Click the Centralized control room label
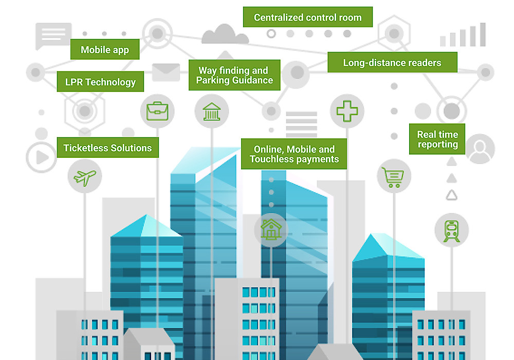click(x=307, y=17)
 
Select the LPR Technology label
click(x=100, y=82)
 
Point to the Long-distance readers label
click(x=392, y=63)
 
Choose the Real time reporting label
click(x=437, y=139)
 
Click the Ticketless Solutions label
click(x=107, y=148)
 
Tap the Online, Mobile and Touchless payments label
click(x=294, y=154)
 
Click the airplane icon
click(x=85, y=177)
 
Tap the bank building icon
click(x=211, y=111)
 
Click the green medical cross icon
click(x=347, y=111)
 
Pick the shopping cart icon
click(x=394, y=177)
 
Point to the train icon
click(x=451, y=230)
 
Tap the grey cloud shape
click(x=225, y=34)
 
